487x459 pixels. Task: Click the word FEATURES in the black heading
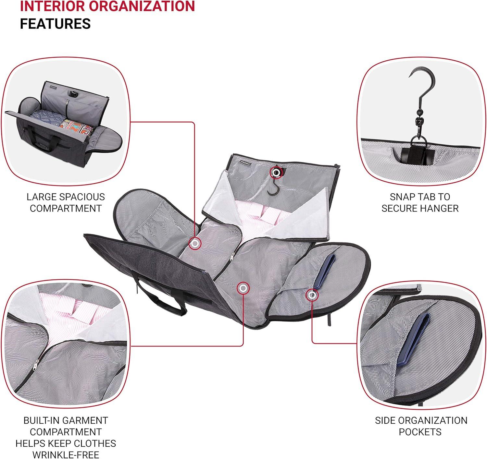tap(55, 24)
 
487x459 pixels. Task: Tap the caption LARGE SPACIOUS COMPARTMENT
tap(66, 202)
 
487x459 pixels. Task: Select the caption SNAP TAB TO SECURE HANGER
tap(420, 202)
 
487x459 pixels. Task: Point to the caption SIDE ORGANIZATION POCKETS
tap(421, 426)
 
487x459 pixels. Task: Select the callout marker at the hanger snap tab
tap(276, 173)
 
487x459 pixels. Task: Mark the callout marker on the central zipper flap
tap(243, 287)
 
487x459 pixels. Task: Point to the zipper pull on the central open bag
tap(231, 257)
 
